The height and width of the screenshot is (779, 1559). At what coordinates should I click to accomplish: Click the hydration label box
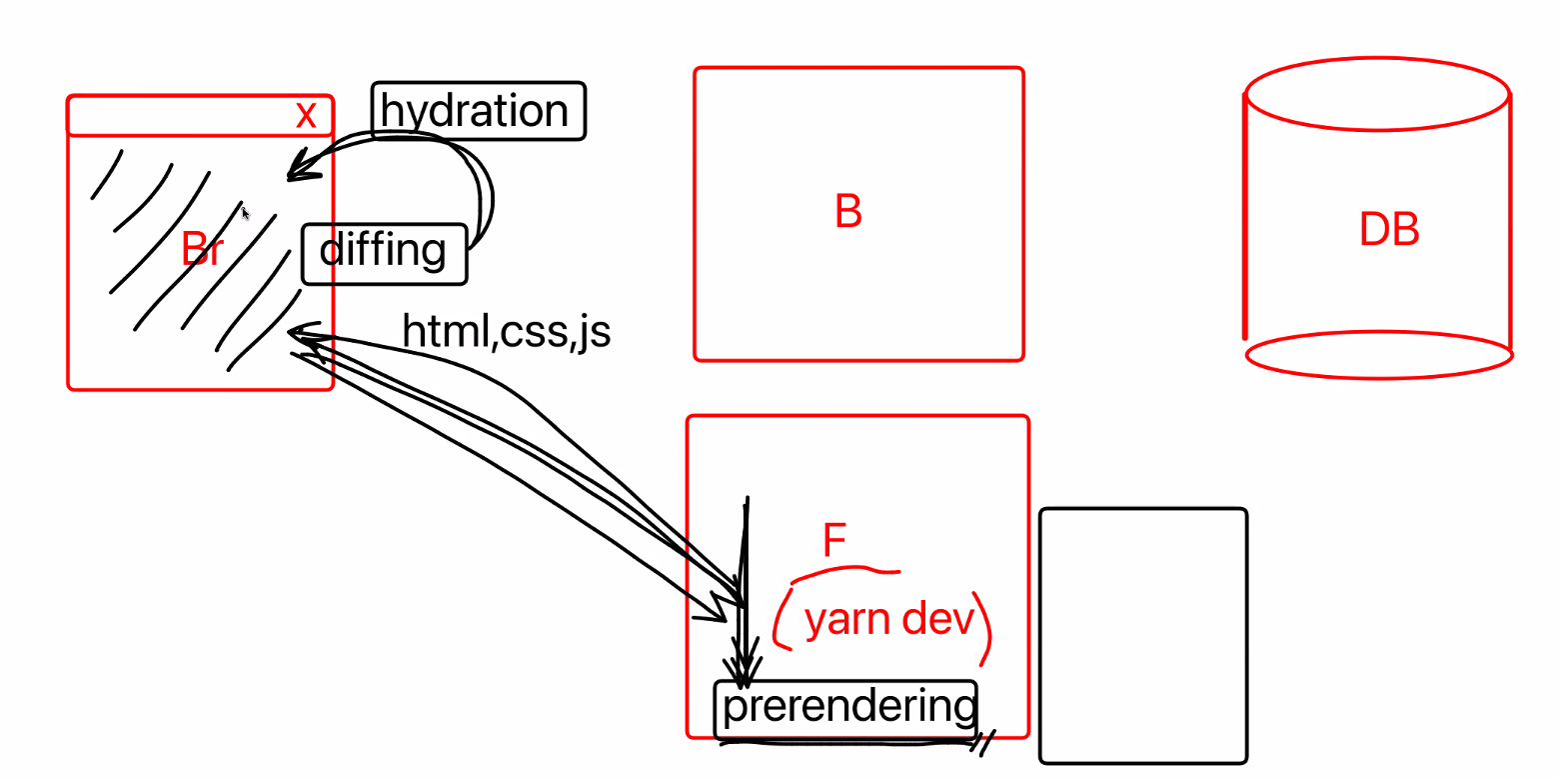click(x=478, y=111)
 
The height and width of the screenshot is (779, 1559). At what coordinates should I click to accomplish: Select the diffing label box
click(x=384, y=253)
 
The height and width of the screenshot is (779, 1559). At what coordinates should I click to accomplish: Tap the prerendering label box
click(x=845, y=708)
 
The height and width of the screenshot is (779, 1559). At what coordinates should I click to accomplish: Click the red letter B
click(x=848, y=212)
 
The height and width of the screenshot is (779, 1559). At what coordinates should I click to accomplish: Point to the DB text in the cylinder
click(x=1389, y=230)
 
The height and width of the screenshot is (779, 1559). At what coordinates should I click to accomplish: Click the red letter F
click(x=834, y=541)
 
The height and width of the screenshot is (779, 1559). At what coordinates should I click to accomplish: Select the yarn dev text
click(x=888, y=620)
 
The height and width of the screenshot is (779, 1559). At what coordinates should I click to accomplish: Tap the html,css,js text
click(x=506, y=331)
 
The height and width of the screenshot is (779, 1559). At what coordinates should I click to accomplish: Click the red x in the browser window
click(x=306, y=116)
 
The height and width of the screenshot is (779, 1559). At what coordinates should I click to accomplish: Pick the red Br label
click(x=202, y=250)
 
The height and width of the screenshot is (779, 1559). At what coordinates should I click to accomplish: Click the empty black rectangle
click(x=1143, y=636)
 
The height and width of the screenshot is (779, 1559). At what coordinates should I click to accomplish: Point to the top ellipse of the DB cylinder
click(x=1377, y=94)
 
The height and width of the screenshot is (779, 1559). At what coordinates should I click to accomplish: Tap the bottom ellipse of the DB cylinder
click(x=1379, y=354)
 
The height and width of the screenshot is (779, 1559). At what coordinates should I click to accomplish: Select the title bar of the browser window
click(x=180, y=115)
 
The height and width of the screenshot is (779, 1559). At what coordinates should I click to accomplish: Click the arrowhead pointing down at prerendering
click(x=744, y=672)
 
